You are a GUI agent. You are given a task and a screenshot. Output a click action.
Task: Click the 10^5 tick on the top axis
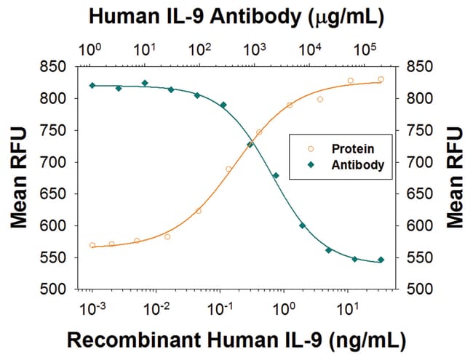(x=364, y=49)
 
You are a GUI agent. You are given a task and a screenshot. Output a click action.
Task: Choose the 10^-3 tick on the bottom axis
(x=92, y=308)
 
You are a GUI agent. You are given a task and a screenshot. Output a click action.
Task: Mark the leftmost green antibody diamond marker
(x=92, y=86)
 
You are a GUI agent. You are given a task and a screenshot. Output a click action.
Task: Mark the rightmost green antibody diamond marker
(x=381, y=260)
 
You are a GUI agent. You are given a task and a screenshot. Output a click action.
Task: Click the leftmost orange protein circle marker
(x=92, y=245)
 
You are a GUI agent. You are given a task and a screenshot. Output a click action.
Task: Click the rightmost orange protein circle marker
(x=381, y=79)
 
